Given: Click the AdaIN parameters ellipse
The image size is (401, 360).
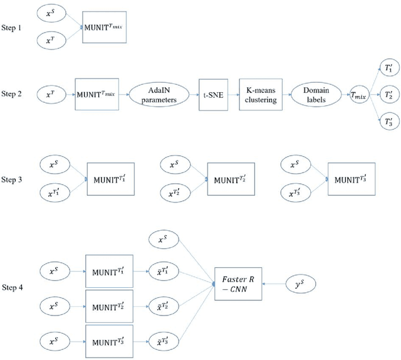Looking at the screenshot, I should (154, 95).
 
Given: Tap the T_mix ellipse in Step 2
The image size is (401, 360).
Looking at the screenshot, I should (359, 95).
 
